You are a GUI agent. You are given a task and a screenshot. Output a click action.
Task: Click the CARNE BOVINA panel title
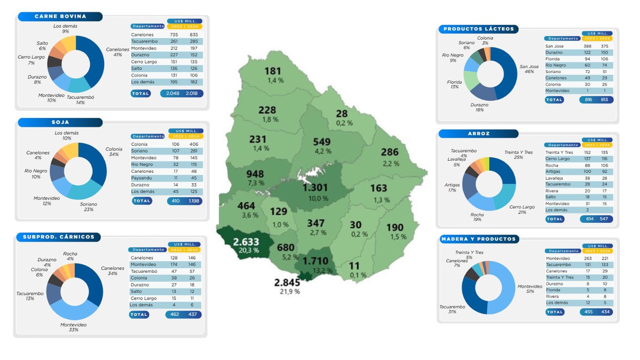(60, 16)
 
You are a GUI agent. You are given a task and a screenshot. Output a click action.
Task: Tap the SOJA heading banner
(60, 122)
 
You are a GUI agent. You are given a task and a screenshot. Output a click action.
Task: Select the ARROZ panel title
(478, 134)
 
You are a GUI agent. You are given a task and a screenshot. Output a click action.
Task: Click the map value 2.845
(287, 282)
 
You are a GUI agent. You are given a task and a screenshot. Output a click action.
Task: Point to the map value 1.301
(315, 187)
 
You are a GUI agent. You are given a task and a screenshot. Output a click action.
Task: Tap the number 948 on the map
(255, 174)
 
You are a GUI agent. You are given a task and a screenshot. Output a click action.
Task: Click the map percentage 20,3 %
(249, 250)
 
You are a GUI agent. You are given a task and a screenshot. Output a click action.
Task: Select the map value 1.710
(315, 261)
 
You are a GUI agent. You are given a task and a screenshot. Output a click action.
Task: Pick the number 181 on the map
(272, 71)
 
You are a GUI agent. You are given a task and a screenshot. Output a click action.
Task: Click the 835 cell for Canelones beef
(194, 35)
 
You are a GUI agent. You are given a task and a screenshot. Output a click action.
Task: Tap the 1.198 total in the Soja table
(194, 201)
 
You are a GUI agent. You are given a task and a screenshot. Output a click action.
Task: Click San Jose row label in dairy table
(554, 46)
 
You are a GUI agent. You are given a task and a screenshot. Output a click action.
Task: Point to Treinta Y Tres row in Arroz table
(559, 152)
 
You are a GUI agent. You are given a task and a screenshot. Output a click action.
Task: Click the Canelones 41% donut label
(118, 52)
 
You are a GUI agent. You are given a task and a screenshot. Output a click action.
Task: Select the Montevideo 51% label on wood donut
(530, 289)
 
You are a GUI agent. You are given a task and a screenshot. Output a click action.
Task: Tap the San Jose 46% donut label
(529, 69)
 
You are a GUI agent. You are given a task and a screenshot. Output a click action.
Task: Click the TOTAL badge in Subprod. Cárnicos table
(139, 314)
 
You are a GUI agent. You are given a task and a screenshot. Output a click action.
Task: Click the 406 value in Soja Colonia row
(194, 144)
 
